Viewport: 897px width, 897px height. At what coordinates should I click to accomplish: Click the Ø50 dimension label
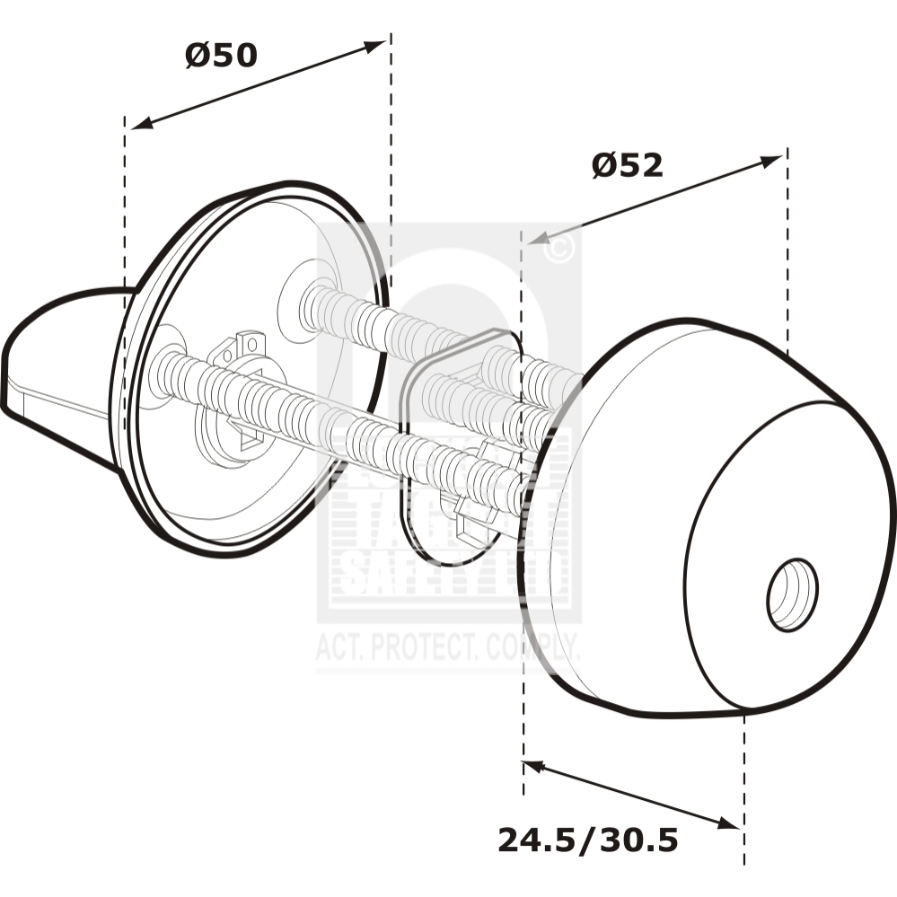click(221, 56)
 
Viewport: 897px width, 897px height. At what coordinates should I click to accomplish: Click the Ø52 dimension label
click(627, 165)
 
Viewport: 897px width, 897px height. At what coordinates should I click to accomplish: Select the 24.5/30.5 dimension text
click(587, 841)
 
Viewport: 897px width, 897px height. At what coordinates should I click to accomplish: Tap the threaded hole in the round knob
click(792, 594)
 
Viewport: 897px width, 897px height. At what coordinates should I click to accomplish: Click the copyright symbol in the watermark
click(558, 249)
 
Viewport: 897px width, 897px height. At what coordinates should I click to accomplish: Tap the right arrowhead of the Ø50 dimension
click(376, 45)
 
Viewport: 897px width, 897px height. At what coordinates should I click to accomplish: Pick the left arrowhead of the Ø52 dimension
click(537, 238)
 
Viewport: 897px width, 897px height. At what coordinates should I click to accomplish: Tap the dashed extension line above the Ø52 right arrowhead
click(787, 251)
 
